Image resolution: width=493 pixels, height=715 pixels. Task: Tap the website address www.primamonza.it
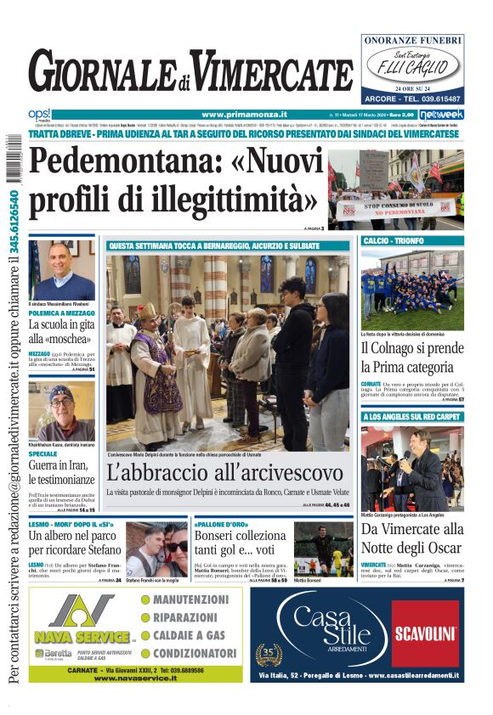point(244,115)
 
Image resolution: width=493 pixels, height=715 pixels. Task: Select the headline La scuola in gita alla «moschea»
point(61,332)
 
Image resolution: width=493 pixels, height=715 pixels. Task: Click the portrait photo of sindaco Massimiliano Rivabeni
point(61,269)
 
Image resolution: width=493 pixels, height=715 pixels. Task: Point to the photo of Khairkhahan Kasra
point(61,412)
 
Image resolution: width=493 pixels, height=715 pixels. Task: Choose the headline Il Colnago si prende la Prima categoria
point(411,357)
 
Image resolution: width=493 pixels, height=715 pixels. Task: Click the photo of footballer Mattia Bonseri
point(323,549)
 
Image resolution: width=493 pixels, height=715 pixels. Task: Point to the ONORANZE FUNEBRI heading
point(412,40)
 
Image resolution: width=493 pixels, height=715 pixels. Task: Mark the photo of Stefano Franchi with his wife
point(156,549)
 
